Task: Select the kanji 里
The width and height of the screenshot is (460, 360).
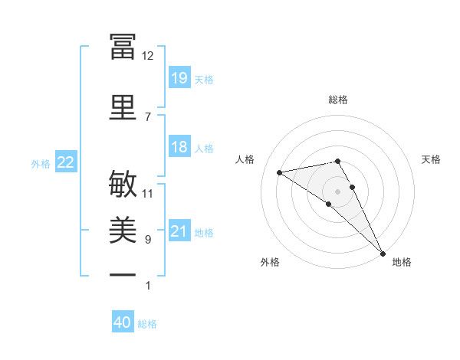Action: click(x=123, y=106)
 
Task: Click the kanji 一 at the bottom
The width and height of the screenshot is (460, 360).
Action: click(x=123, y=274)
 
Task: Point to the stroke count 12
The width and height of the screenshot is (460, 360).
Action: click(x=148, y=56)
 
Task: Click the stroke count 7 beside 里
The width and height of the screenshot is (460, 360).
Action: click(x=148, y=116)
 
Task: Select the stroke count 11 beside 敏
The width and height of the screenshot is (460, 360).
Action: click(x=148, y=194)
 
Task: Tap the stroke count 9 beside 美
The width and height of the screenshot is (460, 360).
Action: click(x=148, y=240)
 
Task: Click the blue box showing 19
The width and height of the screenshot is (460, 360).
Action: click(x=179, y=77)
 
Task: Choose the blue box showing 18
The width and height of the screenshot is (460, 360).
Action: click(x=179, y=147)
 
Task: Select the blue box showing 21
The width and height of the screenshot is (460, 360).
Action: click(x=179, y=231)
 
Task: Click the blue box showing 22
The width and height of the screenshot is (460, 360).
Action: click(x=66, y=162)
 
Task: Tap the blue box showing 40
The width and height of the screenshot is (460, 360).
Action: click(x=123, y=322)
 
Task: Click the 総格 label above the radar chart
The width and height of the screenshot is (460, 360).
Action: click(x=338, y=100)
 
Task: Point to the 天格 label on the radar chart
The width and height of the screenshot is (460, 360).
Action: click(x=432, y=159)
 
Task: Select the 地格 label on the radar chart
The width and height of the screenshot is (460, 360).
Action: click(x=402, y=262)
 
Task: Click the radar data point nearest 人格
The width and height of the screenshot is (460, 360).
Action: click(x=280, y=172)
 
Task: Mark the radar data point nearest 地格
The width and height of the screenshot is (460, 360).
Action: click(x=383, y=254)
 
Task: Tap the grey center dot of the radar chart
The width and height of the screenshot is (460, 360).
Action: click(x=337, y=191)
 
